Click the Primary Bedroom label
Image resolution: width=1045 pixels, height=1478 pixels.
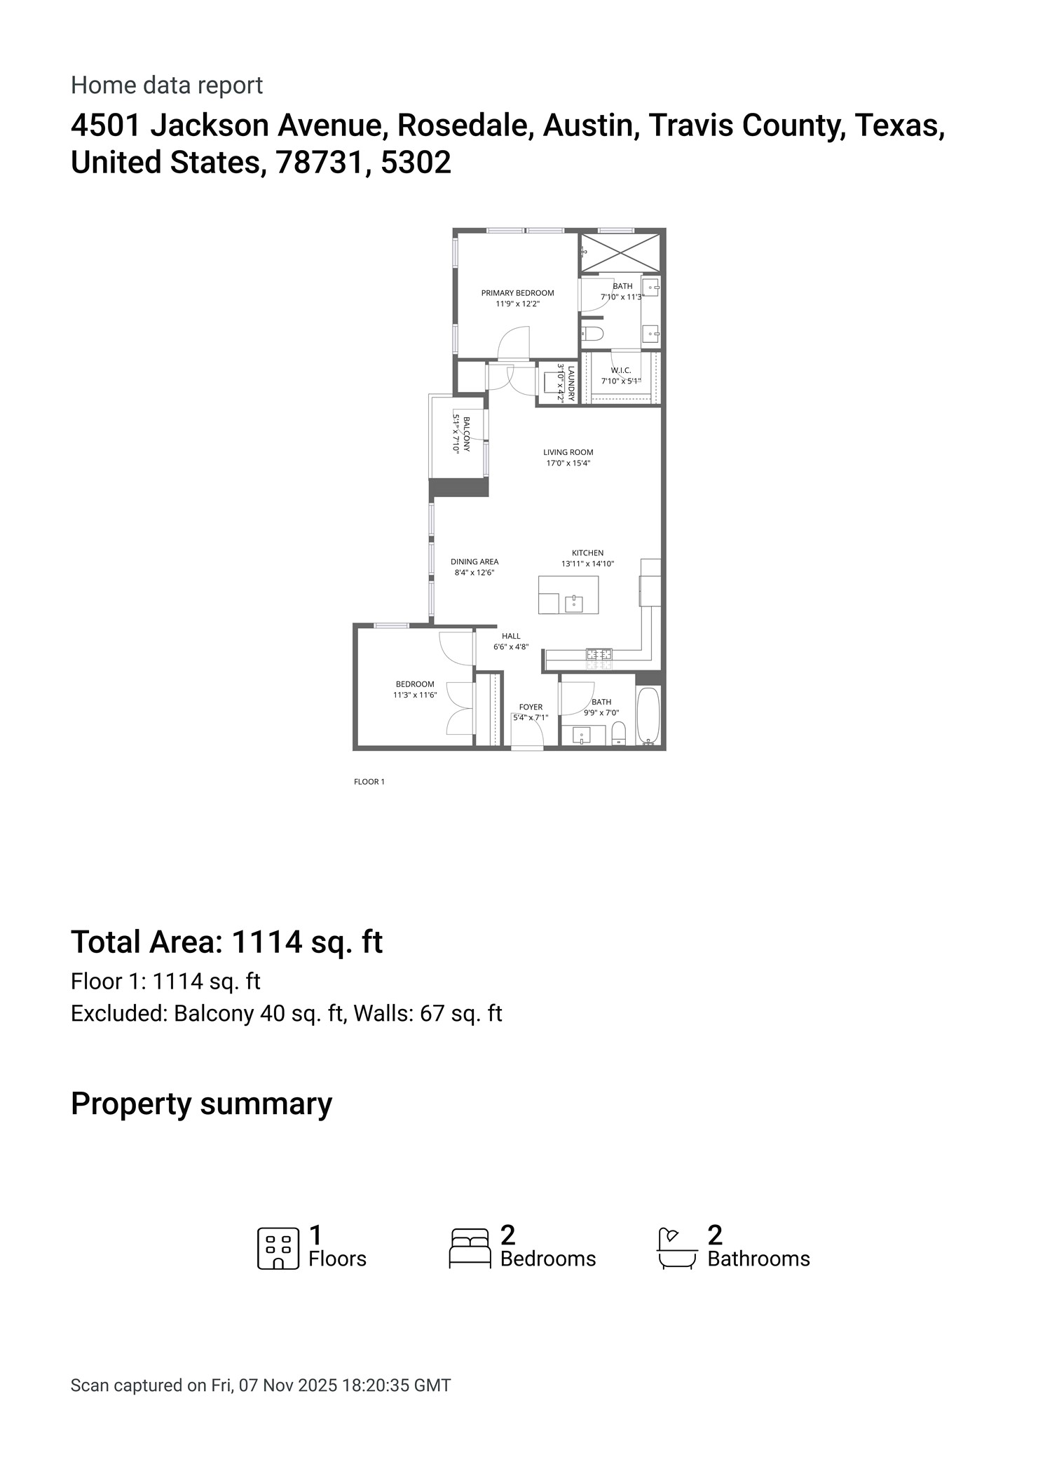click(x=517, y=293)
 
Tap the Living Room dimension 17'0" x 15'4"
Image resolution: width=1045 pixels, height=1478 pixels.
click(x=568, y=463)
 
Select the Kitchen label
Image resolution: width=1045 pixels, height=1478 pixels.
click(x=587, y=553)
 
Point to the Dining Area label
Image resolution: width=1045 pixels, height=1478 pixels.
click(x=474, y=562)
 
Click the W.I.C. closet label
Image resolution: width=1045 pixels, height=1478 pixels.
click(x=621, y=370)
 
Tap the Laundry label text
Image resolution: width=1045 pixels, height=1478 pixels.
click(x=571, y=383)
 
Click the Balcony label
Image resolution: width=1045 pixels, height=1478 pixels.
click(x=466, y=433)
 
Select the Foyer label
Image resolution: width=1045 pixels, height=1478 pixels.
click(x=531, y=707)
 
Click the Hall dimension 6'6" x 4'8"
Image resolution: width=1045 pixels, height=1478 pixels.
click(x=511, y=647)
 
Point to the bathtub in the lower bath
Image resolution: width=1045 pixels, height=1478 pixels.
click(x=648, y=715)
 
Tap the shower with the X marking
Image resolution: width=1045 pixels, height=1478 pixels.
click(x=620, y=252)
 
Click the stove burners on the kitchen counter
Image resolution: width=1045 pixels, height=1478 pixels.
click(x=599, y=655)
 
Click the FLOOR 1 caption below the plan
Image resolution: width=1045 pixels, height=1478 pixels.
click(x=369, y=782)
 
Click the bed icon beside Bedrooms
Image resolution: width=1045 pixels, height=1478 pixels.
click(x=469, y=1248)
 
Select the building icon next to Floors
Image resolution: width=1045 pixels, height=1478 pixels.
click(x=278, y=1248)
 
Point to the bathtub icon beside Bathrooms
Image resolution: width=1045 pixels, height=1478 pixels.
click(x=676, y=1248)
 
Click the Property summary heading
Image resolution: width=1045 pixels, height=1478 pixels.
click(x=201, y=1104)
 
